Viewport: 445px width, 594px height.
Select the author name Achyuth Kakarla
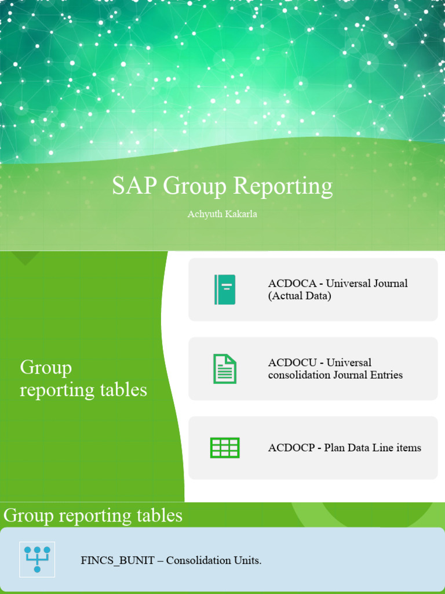coord(222,214)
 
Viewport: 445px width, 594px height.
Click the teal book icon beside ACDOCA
coord(225,289)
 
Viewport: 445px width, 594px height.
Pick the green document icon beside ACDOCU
coord(225,368)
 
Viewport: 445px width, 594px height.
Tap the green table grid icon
coord(225,448)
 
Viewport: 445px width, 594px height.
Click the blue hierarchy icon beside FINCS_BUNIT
coord(37,560)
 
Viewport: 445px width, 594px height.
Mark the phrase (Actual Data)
coord(300,296)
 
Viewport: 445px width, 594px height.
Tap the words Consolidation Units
coord(214,561)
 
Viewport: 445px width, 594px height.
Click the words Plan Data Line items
coord(373,448)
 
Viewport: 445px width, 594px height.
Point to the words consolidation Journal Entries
coord(335,375)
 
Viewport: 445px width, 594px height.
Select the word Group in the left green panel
coord(46,368)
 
